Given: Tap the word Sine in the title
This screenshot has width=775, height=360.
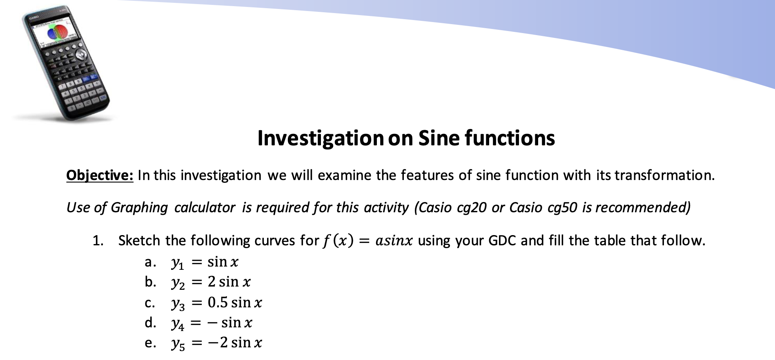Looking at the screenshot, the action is (439, 138).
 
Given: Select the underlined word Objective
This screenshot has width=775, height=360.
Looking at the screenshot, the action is (100, 176).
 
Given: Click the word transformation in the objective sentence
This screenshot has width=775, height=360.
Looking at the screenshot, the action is (664, 175).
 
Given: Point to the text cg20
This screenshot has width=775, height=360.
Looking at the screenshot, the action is (472, 208).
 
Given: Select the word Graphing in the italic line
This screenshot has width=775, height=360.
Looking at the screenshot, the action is (139, 208).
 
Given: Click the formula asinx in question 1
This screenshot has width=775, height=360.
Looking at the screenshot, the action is (394, 240).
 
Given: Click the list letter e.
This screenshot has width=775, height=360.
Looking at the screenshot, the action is (150, 343).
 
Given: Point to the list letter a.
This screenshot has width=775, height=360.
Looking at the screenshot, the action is (150, 262).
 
